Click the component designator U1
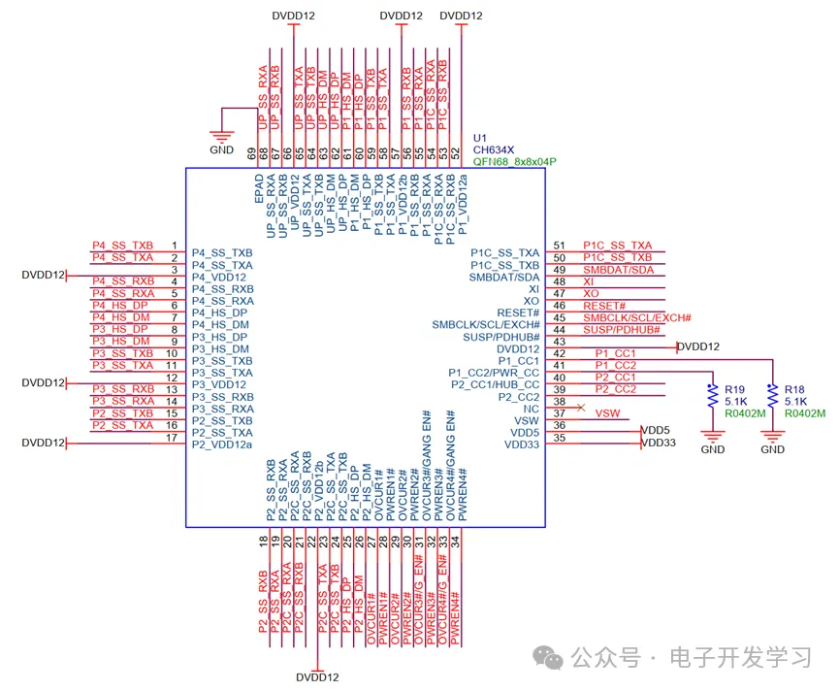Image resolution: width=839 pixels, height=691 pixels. (480, 138)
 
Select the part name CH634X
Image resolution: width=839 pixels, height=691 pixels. (493, 149)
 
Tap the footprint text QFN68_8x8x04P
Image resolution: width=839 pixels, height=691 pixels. (514, 162)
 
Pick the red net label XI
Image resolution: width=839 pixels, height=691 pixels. (588, 280)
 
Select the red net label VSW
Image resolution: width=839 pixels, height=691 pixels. (607, 413)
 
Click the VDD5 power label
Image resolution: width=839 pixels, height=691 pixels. (656, 430)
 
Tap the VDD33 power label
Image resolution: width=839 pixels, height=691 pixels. (659, 443)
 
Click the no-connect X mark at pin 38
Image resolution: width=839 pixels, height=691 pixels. (580, 408)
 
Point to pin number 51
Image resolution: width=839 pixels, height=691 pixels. (559, 246)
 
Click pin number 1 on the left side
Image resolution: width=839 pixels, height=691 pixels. (174, 246)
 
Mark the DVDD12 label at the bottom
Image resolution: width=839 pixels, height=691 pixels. (318, 677)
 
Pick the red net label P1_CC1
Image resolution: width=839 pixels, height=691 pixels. (615, 353)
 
